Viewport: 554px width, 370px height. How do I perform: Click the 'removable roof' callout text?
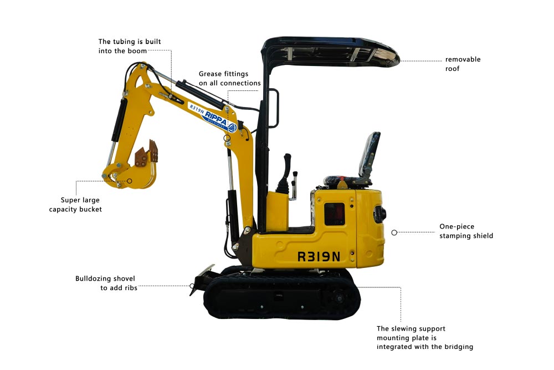click(x=463, y=64)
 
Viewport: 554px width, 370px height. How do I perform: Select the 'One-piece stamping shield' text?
click(x=466, y=231)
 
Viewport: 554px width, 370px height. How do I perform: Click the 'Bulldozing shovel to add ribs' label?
click(x=105, y=283)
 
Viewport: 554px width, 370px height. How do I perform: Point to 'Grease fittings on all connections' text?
click(x=229, y=78)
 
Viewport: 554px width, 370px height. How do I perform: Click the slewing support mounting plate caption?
click(x=424, y=338)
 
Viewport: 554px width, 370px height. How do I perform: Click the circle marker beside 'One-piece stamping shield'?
click(x=394, y=232)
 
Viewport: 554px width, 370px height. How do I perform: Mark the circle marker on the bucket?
click(x=130, y=180)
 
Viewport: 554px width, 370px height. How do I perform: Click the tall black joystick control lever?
click(x=288, y=172)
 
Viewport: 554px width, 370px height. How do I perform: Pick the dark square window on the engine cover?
click(x=334, y=214)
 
